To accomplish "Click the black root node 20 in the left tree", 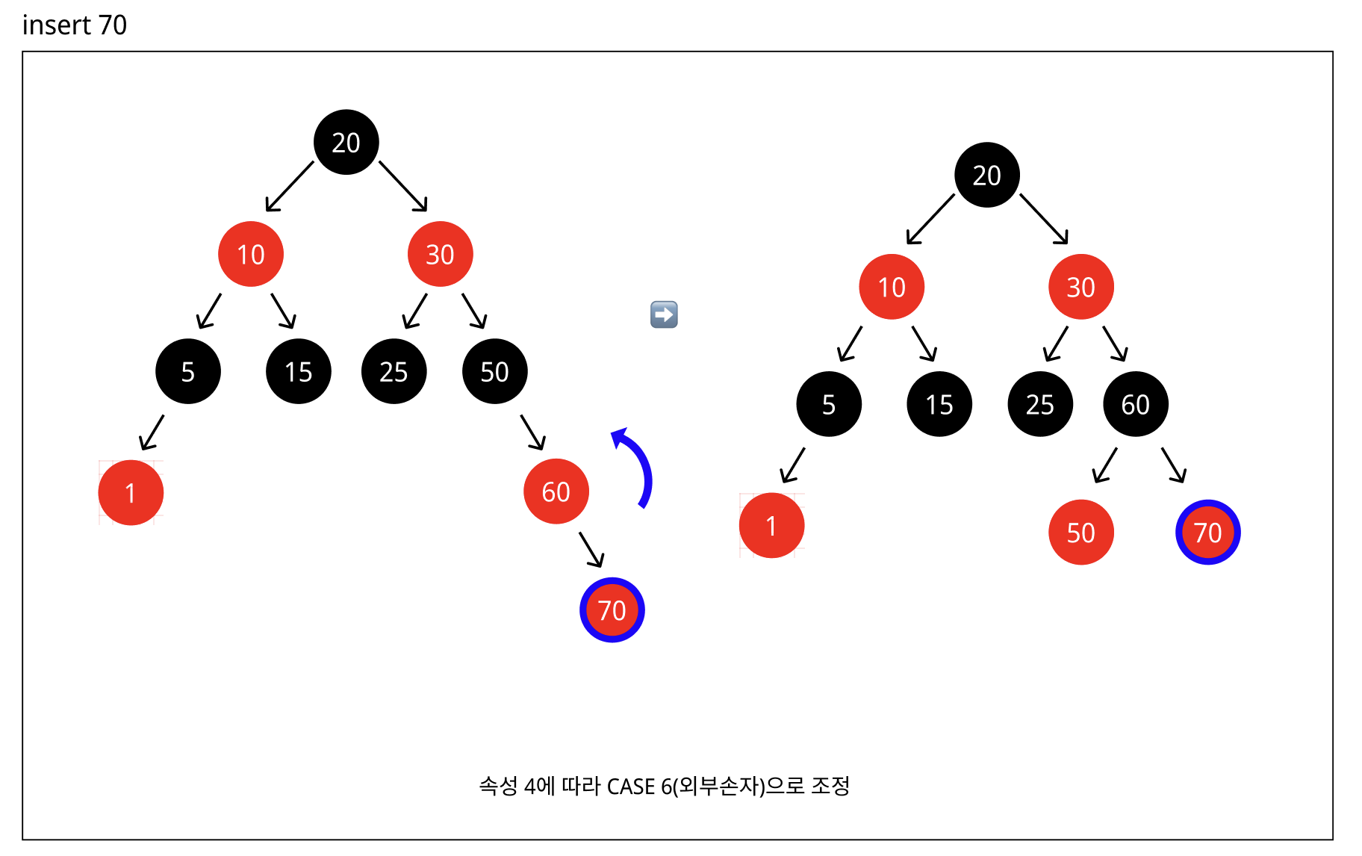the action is [346, 142].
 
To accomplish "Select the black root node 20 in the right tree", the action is [986, 175].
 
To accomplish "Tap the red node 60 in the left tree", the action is [556, 491].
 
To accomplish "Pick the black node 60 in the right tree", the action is [1135, 404].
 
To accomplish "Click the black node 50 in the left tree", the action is [494, 371].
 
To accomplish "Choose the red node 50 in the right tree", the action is [1080, 532].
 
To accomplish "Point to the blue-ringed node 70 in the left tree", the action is [612, 610].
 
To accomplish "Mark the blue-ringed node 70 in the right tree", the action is [1207, 532].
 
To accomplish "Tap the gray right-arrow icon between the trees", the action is [664, 314].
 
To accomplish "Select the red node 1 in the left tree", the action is [131, 492].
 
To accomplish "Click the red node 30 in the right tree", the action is [1080, 287].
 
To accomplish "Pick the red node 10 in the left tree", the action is [251, 254].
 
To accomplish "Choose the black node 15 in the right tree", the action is [939, 404].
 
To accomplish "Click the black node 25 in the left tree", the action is [394, 371].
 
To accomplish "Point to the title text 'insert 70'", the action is [75, 25].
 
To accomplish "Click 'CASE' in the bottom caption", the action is [631, 787].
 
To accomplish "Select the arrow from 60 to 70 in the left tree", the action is [591, 549].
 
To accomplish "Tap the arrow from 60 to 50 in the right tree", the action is [1104, 465].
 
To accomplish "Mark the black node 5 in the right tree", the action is [828, 404].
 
